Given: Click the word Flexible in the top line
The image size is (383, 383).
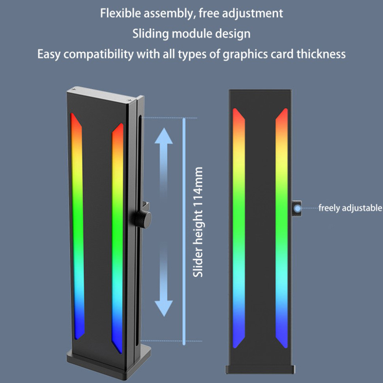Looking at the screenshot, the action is (x=120, y=13).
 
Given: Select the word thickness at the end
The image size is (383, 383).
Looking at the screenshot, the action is (x=321, y=54).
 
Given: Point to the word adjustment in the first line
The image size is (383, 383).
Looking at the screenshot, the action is (x=252, y=14).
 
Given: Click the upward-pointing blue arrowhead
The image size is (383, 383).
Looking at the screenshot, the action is (x=164, y=136).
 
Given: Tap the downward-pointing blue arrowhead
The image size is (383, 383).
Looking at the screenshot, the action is (x=164, y=308).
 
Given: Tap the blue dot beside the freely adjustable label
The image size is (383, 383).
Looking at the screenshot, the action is (x=297, y=209).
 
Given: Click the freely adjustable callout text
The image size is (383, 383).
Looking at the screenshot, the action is (x=350, y=208).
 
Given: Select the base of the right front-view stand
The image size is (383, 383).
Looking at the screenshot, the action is (x=260, y=369).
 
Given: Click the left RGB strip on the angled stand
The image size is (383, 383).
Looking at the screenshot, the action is (x=77, y=226).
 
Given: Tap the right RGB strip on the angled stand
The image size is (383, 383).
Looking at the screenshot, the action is (x=117, y=238).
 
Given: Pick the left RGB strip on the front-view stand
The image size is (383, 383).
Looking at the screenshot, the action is (x=239, y=228).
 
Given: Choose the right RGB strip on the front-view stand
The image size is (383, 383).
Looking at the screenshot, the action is (x=282, y=228).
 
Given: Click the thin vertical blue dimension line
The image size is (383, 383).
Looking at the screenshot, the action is (x=184, y=231).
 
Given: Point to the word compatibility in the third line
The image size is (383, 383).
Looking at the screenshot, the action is (x=99, y=54).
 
